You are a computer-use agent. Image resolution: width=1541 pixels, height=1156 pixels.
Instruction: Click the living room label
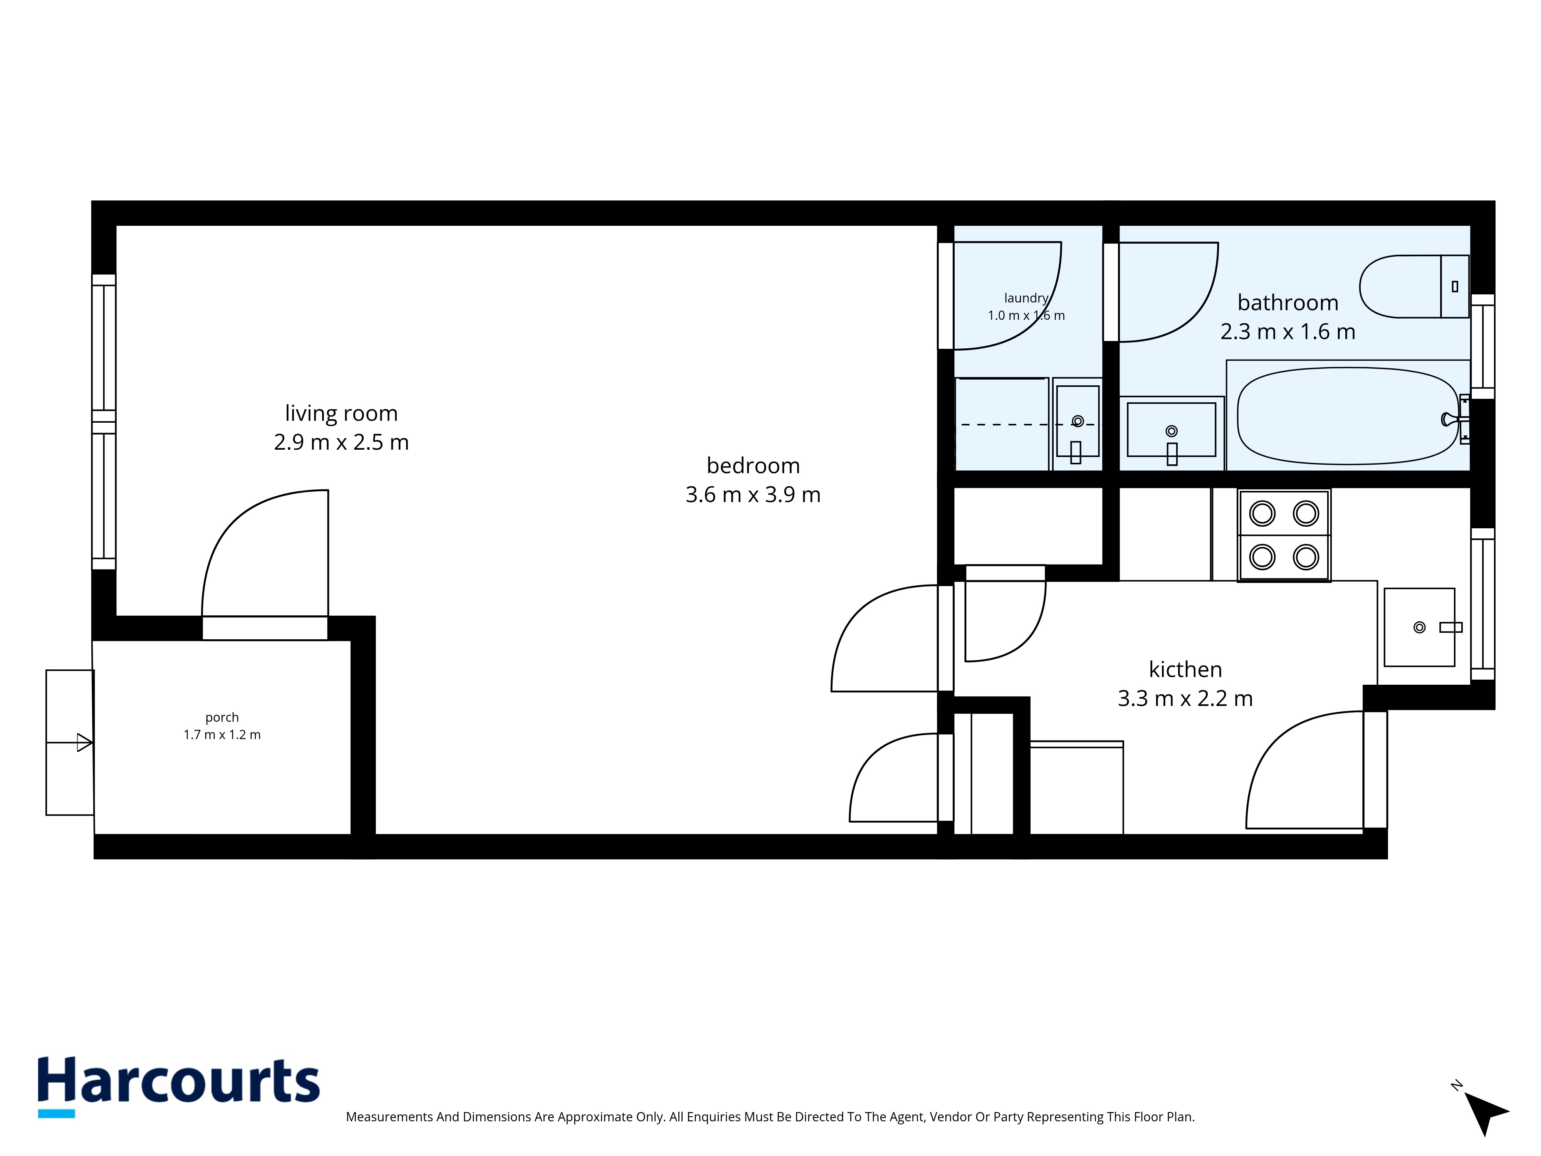[341, 413]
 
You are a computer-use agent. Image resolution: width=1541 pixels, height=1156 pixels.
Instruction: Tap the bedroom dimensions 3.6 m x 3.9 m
[753, 495]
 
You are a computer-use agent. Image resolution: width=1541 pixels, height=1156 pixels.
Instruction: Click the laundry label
[1026, 298]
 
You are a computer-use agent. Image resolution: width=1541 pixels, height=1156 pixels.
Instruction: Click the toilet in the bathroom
[1414, 286]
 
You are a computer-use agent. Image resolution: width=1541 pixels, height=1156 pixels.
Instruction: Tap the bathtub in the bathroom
[1348, 416]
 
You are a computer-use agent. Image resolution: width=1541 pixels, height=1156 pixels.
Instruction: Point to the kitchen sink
[1419, 627]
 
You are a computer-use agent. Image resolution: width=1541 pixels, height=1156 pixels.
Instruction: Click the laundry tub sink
[1077, 422]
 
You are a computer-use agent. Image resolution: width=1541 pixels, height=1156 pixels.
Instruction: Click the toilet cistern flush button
[1455, 286]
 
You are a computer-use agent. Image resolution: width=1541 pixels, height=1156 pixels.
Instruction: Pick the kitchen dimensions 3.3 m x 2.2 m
[1185, 698]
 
